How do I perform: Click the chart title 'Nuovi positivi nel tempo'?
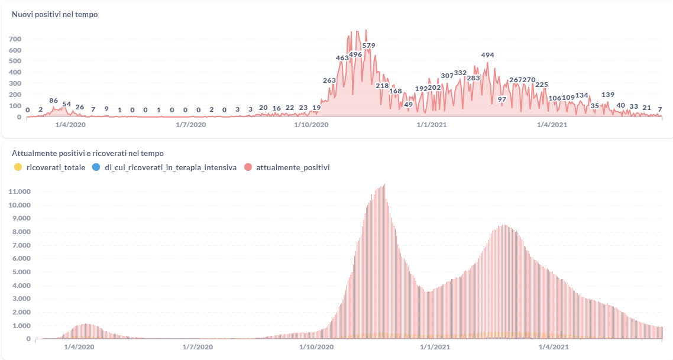(55, 15)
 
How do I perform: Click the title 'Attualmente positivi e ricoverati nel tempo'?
(88, 154)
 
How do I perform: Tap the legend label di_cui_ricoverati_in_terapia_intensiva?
(166, 168)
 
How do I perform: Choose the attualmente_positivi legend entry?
(293, 168)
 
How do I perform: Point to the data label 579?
(369, 46)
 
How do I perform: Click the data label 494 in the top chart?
(487, 55)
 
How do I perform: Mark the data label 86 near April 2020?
(54, 100)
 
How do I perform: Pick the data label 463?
(342, 58)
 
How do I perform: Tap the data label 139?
(608, 95)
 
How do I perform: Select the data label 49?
(408, 105)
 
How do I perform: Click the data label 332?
(460, 73)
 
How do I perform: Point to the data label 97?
(502, 99)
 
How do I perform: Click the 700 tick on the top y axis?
(15, 39)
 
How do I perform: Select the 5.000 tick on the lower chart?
(20, 273)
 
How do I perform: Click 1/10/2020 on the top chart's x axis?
(311, 125)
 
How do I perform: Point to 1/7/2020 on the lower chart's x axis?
(198, 346)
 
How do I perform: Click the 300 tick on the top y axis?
(15, 83)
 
